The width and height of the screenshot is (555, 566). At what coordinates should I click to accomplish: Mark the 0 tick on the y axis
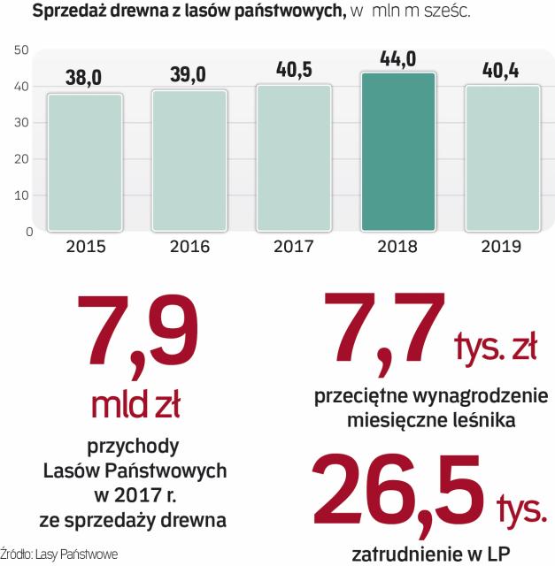(x=28, y=232)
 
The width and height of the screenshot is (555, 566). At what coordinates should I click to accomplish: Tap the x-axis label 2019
(x=502, y=247)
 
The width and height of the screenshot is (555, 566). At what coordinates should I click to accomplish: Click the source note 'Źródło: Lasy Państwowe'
(x=58, y=554)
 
